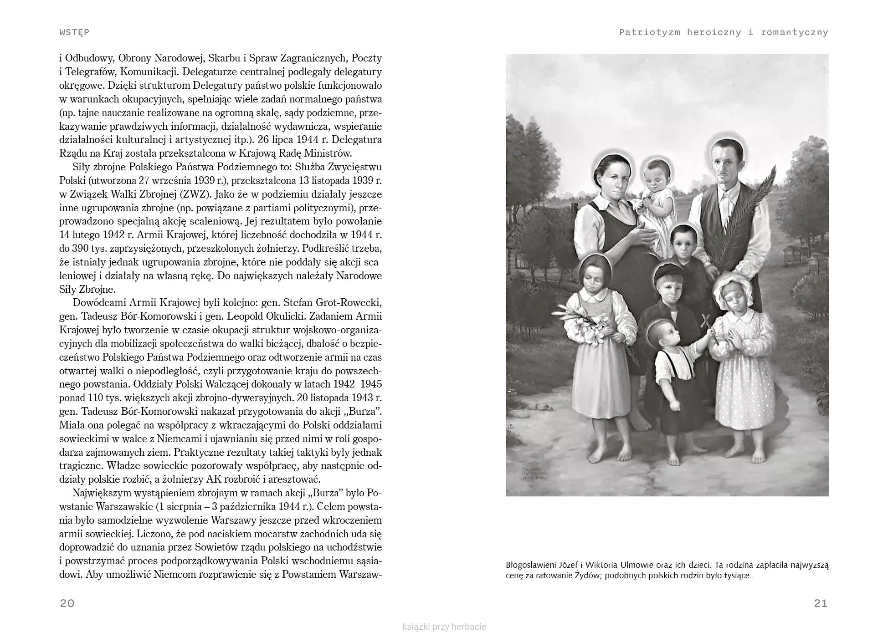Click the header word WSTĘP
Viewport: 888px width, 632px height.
74,32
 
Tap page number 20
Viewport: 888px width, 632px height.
67,603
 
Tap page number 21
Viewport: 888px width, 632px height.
821,603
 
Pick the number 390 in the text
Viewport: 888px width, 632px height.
80,249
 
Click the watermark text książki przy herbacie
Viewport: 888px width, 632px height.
444,627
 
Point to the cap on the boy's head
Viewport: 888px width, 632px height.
668,272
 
